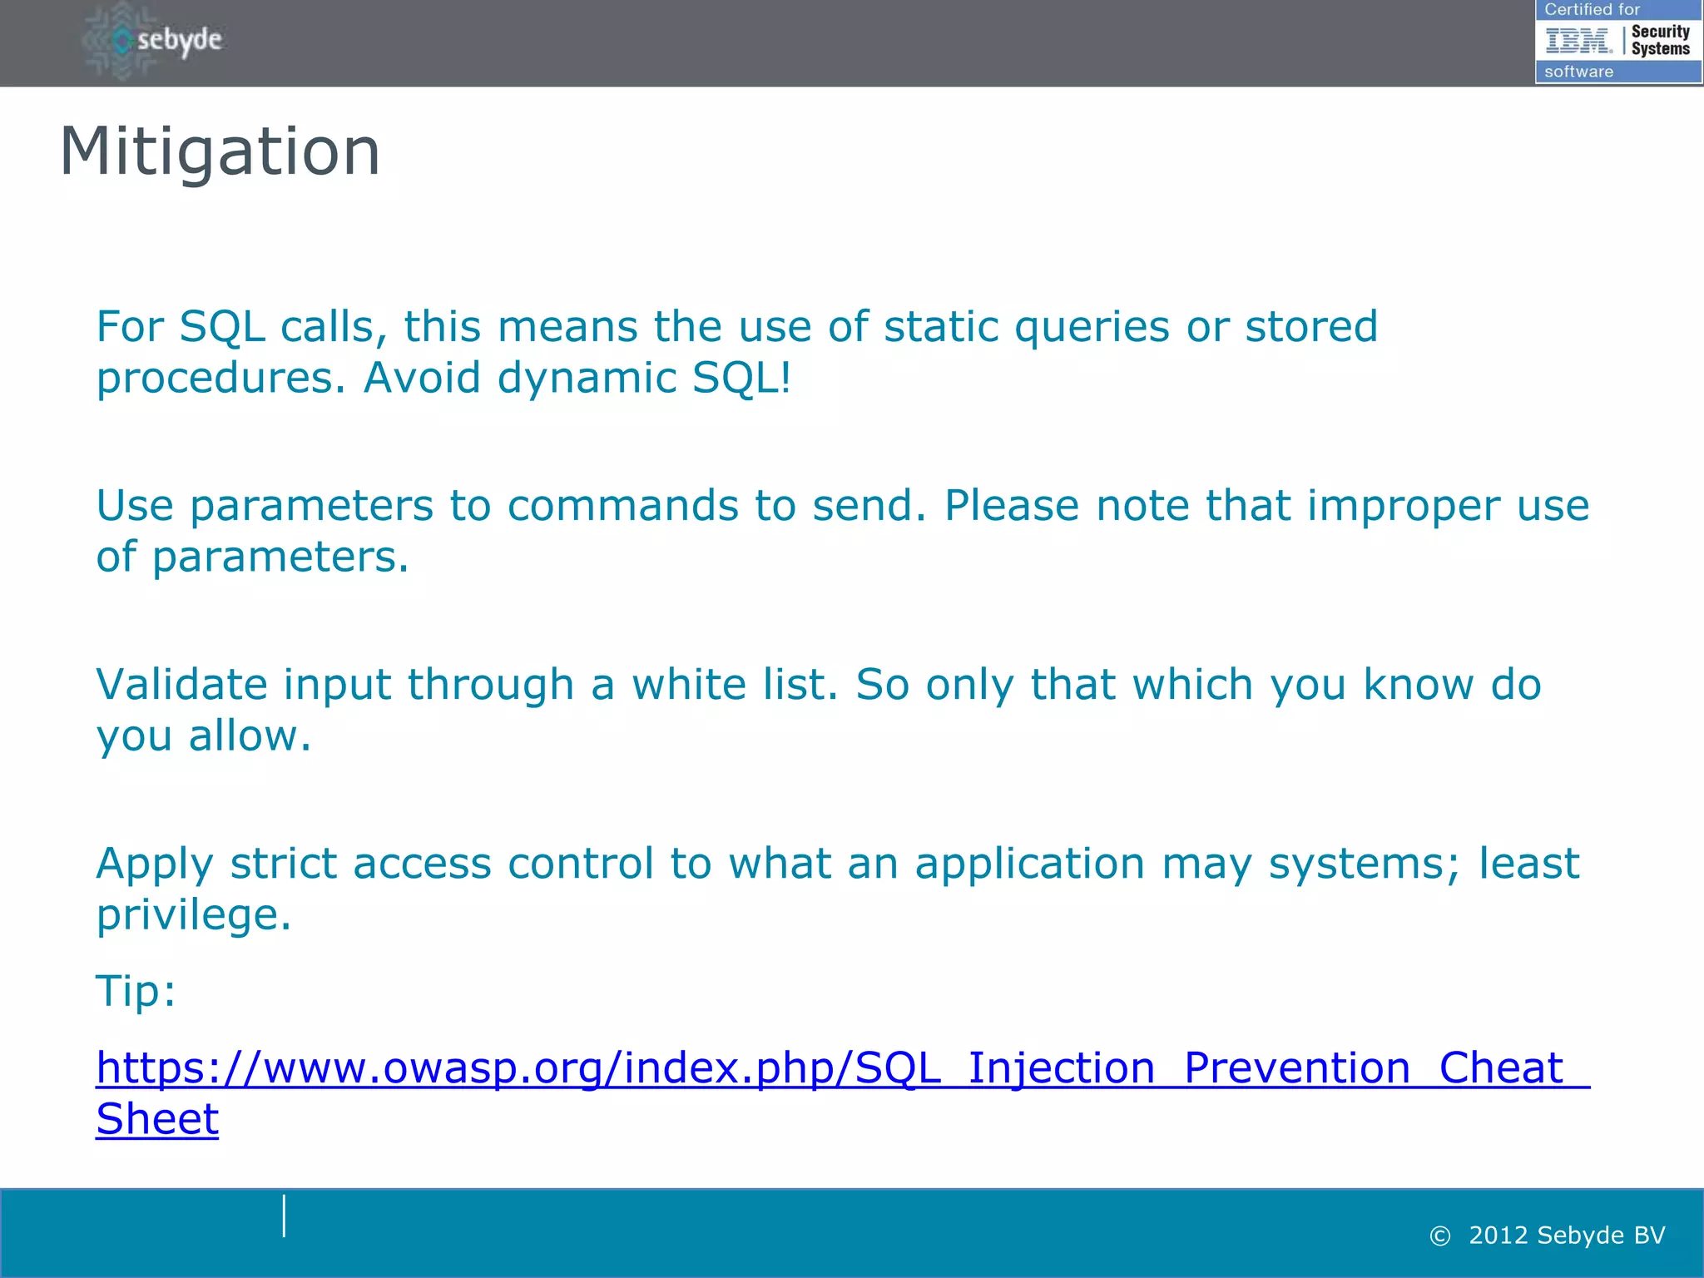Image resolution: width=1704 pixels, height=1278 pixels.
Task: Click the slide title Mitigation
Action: click(x=220, y=151)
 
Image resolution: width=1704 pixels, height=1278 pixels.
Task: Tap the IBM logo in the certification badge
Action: click(x=1578, y=40)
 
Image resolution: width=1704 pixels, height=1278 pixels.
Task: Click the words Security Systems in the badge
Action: click(x=1660, y=40)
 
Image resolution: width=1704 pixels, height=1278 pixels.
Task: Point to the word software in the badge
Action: click(x=1578, y=72)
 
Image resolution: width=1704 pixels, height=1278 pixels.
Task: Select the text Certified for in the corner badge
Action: click(x=1591, y=9)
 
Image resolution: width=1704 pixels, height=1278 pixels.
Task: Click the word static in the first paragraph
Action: click(x=941, y=326)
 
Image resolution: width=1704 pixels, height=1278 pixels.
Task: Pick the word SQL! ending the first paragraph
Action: click(x=741, y=378)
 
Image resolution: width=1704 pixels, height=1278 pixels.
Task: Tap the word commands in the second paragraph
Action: click(x=622, y=506)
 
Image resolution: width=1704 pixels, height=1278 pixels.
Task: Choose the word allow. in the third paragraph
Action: click(x=250, y=736)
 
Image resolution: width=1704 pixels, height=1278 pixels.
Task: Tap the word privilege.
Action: click(x=193, y=915)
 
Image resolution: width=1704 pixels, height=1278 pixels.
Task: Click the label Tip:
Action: click(x=136, y=991)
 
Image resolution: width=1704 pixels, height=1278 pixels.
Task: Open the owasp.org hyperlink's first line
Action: click(x=832, y=1068)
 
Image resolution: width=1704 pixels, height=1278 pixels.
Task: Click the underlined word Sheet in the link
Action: click(x=157, y=1119)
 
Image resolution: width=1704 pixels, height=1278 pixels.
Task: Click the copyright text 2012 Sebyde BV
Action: click(x=1566, y=1236)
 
